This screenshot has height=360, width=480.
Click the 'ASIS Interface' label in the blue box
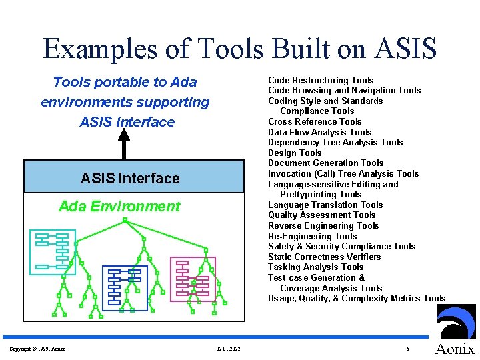pos(130,178)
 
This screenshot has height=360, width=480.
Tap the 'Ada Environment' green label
pos(119,206)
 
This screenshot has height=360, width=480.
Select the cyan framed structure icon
pos(52,249)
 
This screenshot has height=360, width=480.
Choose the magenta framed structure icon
pos(193,277)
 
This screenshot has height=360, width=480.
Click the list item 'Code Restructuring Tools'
pos(321,80)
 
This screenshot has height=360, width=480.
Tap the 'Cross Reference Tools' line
pos(315,121)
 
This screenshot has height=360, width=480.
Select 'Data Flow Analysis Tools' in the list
pos(320,132)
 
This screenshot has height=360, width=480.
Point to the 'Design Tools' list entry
pos(295,153)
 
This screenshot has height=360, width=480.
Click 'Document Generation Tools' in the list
pos(326,163)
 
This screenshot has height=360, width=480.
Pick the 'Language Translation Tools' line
pos(325,205)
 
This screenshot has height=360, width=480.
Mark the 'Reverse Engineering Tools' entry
pos(323,225)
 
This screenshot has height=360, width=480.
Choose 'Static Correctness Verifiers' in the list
pos(325,257)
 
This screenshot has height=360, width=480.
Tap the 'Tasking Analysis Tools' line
pos(316,267)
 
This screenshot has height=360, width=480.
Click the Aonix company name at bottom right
pos(455,349)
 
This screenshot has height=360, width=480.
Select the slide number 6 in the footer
pos(407,349)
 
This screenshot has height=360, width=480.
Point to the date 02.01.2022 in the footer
pos(229,349)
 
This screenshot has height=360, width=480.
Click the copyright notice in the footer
pos(37,349)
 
